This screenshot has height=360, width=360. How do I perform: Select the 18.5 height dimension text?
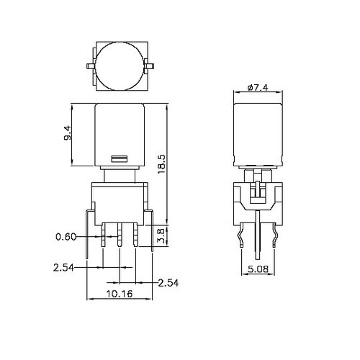coord(162,164)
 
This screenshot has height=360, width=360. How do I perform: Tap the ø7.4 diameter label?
coord(258,88)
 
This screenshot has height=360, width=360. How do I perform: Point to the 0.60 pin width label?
coord(66,237)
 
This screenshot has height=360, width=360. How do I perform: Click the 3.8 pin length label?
coord(162,236)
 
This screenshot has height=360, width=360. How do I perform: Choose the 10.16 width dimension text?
coord(120,293)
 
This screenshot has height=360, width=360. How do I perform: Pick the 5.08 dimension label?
coord(258,269)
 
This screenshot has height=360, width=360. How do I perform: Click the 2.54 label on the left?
coord(63,268)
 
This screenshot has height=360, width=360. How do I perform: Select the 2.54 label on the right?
coord(168,283)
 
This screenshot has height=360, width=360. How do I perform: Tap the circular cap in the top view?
coord(120,66)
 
